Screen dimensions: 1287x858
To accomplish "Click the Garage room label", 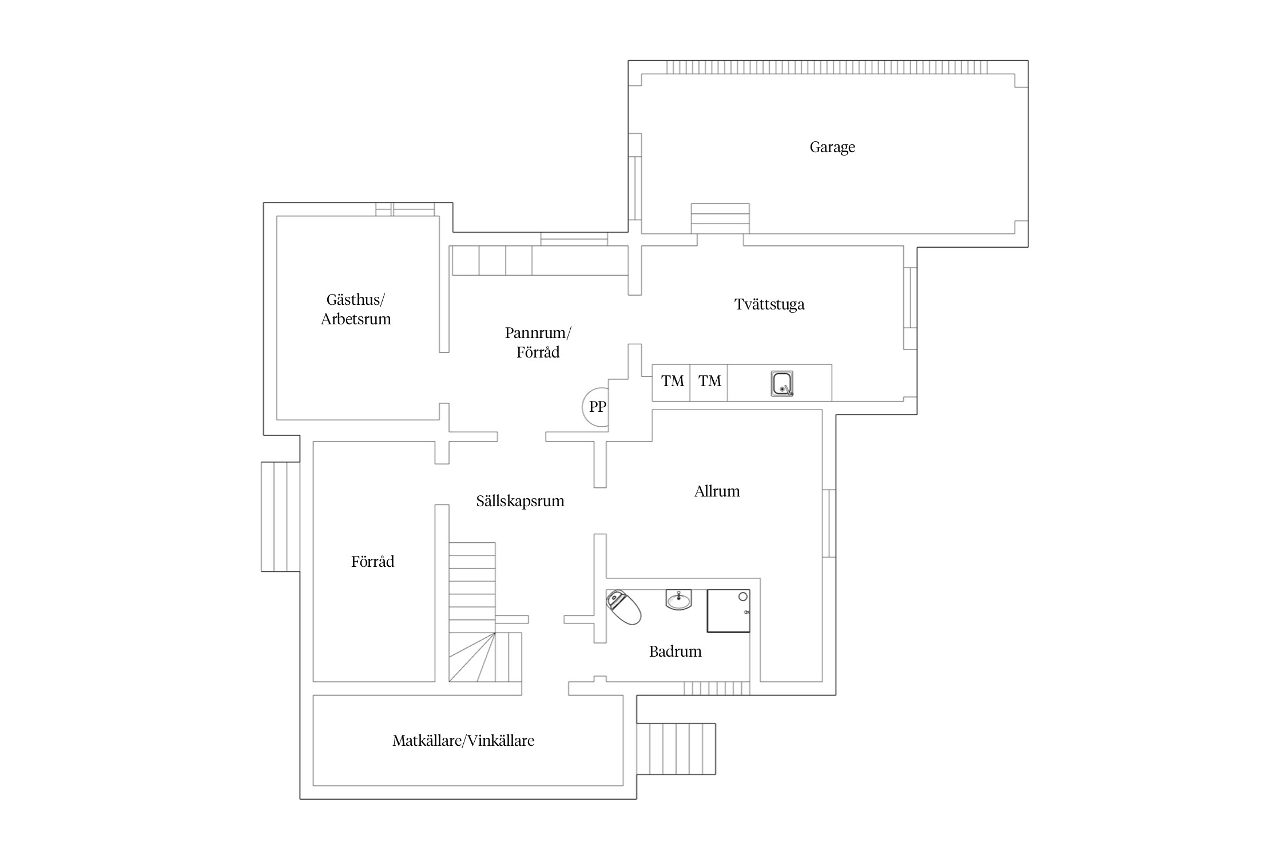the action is [832, 148].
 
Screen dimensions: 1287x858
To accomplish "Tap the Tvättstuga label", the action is [769, 304].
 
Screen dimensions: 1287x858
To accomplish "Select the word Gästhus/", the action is [356, 300].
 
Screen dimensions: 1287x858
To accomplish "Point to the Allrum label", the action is [717, 491].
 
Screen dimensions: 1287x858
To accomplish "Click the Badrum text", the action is [675, 652].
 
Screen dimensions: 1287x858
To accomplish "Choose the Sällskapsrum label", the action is [520, 501].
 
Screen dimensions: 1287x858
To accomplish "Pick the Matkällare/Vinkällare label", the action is [463, 741].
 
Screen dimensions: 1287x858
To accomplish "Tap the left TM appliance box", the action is [672, 383].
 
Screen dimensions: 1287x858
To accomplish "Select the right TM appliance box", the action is [709, 383].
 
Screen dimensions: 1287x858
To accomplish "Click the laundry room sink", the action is [782, 383].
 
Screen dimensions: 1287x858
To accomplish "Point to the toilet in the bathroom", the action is [623, 607].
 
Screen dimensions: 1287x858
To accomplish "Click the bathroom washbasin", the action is [679, 599].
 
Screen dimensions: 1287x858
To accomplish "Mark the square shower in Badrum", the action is [728, 611].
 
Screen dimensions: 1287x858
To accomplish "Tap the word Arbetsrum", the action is [356, 319].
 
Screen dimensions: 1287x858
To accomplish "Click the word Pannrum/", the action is [538, 333].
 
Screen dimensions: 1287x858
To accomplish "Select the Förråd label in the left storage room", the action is [372, 562].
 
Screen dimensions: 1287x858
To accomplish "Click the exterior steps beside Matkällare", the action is [676, 749].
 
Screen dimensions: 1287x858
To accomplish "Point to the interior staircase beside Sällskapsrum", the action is [485, 612].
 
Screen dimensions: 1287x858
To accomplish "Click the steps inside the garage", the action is [720, 219].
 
